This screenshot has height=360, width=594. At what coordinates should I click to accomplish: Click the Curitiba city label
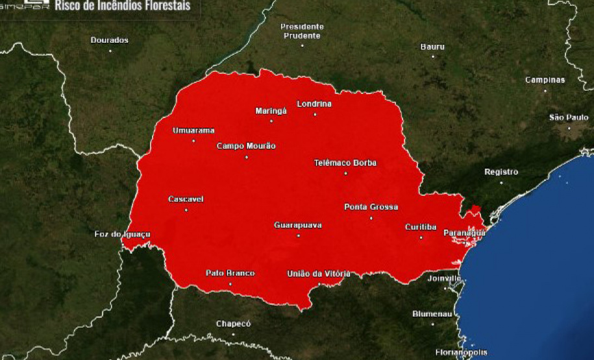pos(420,227)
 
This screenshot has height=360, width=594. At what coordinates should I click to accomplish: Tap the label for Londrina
pos(314,104)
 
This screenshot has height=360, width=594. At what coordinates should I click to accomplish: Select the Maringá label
pos(271,111)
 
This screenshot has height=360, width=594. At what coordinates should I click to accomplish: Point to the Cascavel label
pos(186,199)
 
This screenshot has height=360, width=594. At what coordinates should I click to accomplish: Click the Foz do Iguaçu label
pos(123,234)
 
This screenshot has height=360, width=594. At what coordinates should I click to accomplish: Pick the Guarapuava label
pos(298,225)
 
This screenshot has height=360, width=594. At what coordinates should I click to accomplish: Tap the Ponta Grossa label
pos(371,207)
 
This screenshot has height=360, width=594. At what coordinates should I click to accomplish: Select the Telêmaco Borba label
pos(345,163)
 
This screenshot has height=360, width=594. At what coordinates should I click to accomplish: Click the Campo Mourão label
pos(246,146)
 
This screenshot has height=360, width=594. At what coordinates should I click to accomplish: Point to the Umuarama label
pos(193,130)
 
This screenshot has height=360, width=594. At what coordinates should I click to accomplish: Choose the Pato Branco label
pos(230,273)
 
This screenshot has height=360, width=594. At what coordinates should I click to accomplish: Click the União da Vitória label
pos(319,273)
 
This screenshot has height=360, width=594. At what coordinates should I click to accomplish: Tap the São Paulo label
pos(568,117)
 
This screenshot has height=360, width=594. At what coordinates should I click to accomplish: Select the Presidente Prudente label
pos(302,31)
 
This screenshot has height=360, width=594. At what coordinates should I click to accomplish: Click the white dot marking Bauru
pos(433,56)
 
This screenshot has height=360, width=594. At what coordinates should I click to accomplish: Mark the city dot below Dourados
pos(110,50)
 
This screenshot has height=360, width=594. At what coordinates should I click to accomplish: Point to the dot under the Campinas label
pos(545,90)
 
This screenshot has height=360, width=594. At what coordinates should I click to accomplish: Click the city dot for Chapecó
pos(233,333)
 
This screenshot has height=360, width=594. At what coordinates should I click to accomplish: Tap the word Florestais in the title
pos(165,6)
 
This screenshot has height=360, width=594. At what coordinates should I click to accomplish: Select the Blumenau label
pos(432,314)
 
